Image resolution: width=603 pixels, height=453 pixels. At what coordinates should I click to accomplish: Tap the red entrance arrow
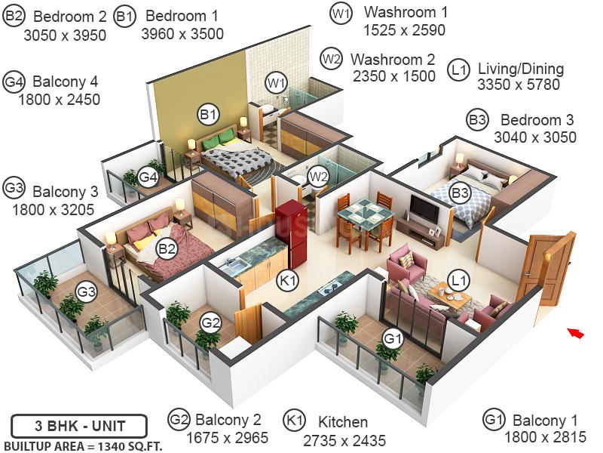pyautogui.click(x=576, y=333)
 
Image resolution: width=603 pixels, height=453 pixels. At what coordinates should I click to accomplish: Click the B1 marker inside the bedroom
pyautogui.click(x=208, y=115)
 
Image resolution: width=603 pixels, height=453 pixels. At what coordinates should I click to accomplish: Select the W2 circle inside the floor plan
pyautogui.click(x=319, y=177)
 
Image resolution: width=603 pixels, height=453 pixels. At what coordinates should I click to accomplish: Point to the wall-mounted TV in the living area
pyautogui.click(x=424, y=209)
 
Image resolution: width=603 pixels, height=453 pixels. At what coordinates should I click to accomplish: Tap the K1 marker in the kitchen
pyautogui.click(x=288, y=280)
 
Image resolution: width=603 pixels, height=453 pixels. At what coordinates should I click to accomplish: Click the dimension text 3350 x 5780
pyautogui.click(x=519, y=85)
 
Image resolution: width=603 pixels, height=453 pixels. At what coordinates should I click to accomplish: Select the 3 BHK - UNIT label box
pyautogui.click(x=79, y=426)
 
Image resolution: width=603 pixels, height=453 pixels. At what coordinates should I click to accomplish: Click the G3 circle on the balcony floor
pyautogui.click(x=86, y=291)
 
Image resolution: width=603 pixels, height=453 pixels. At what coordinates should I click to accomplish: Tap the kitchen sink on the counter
pyautogui.click(x=234, y=266)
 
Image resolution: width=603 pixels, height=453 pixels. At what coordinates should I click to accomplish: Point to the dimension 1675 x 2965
pyautogui.click(x=228, y=438)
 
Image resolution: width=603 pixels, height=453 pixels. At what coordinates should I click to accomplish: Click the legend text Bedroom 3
pyautogui.click(x=537, y=120)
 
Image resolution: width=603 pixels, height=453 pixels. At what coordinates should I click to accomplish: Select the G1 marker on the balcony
pyautogui.click(x=393, y=339)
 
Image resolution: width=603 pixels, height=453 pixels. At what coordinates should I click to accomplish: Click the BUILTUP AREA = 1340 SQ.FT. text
pyautogui.click(x=83, y=446)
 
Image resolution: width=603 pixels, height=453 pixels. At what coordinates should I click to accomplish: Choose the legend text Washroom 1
pyautogui.click(x=406, y=12)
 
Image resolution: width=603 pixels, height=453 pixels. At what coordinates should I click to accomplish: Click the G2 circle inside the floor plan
pyautogui.click(x=211, y=322)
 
